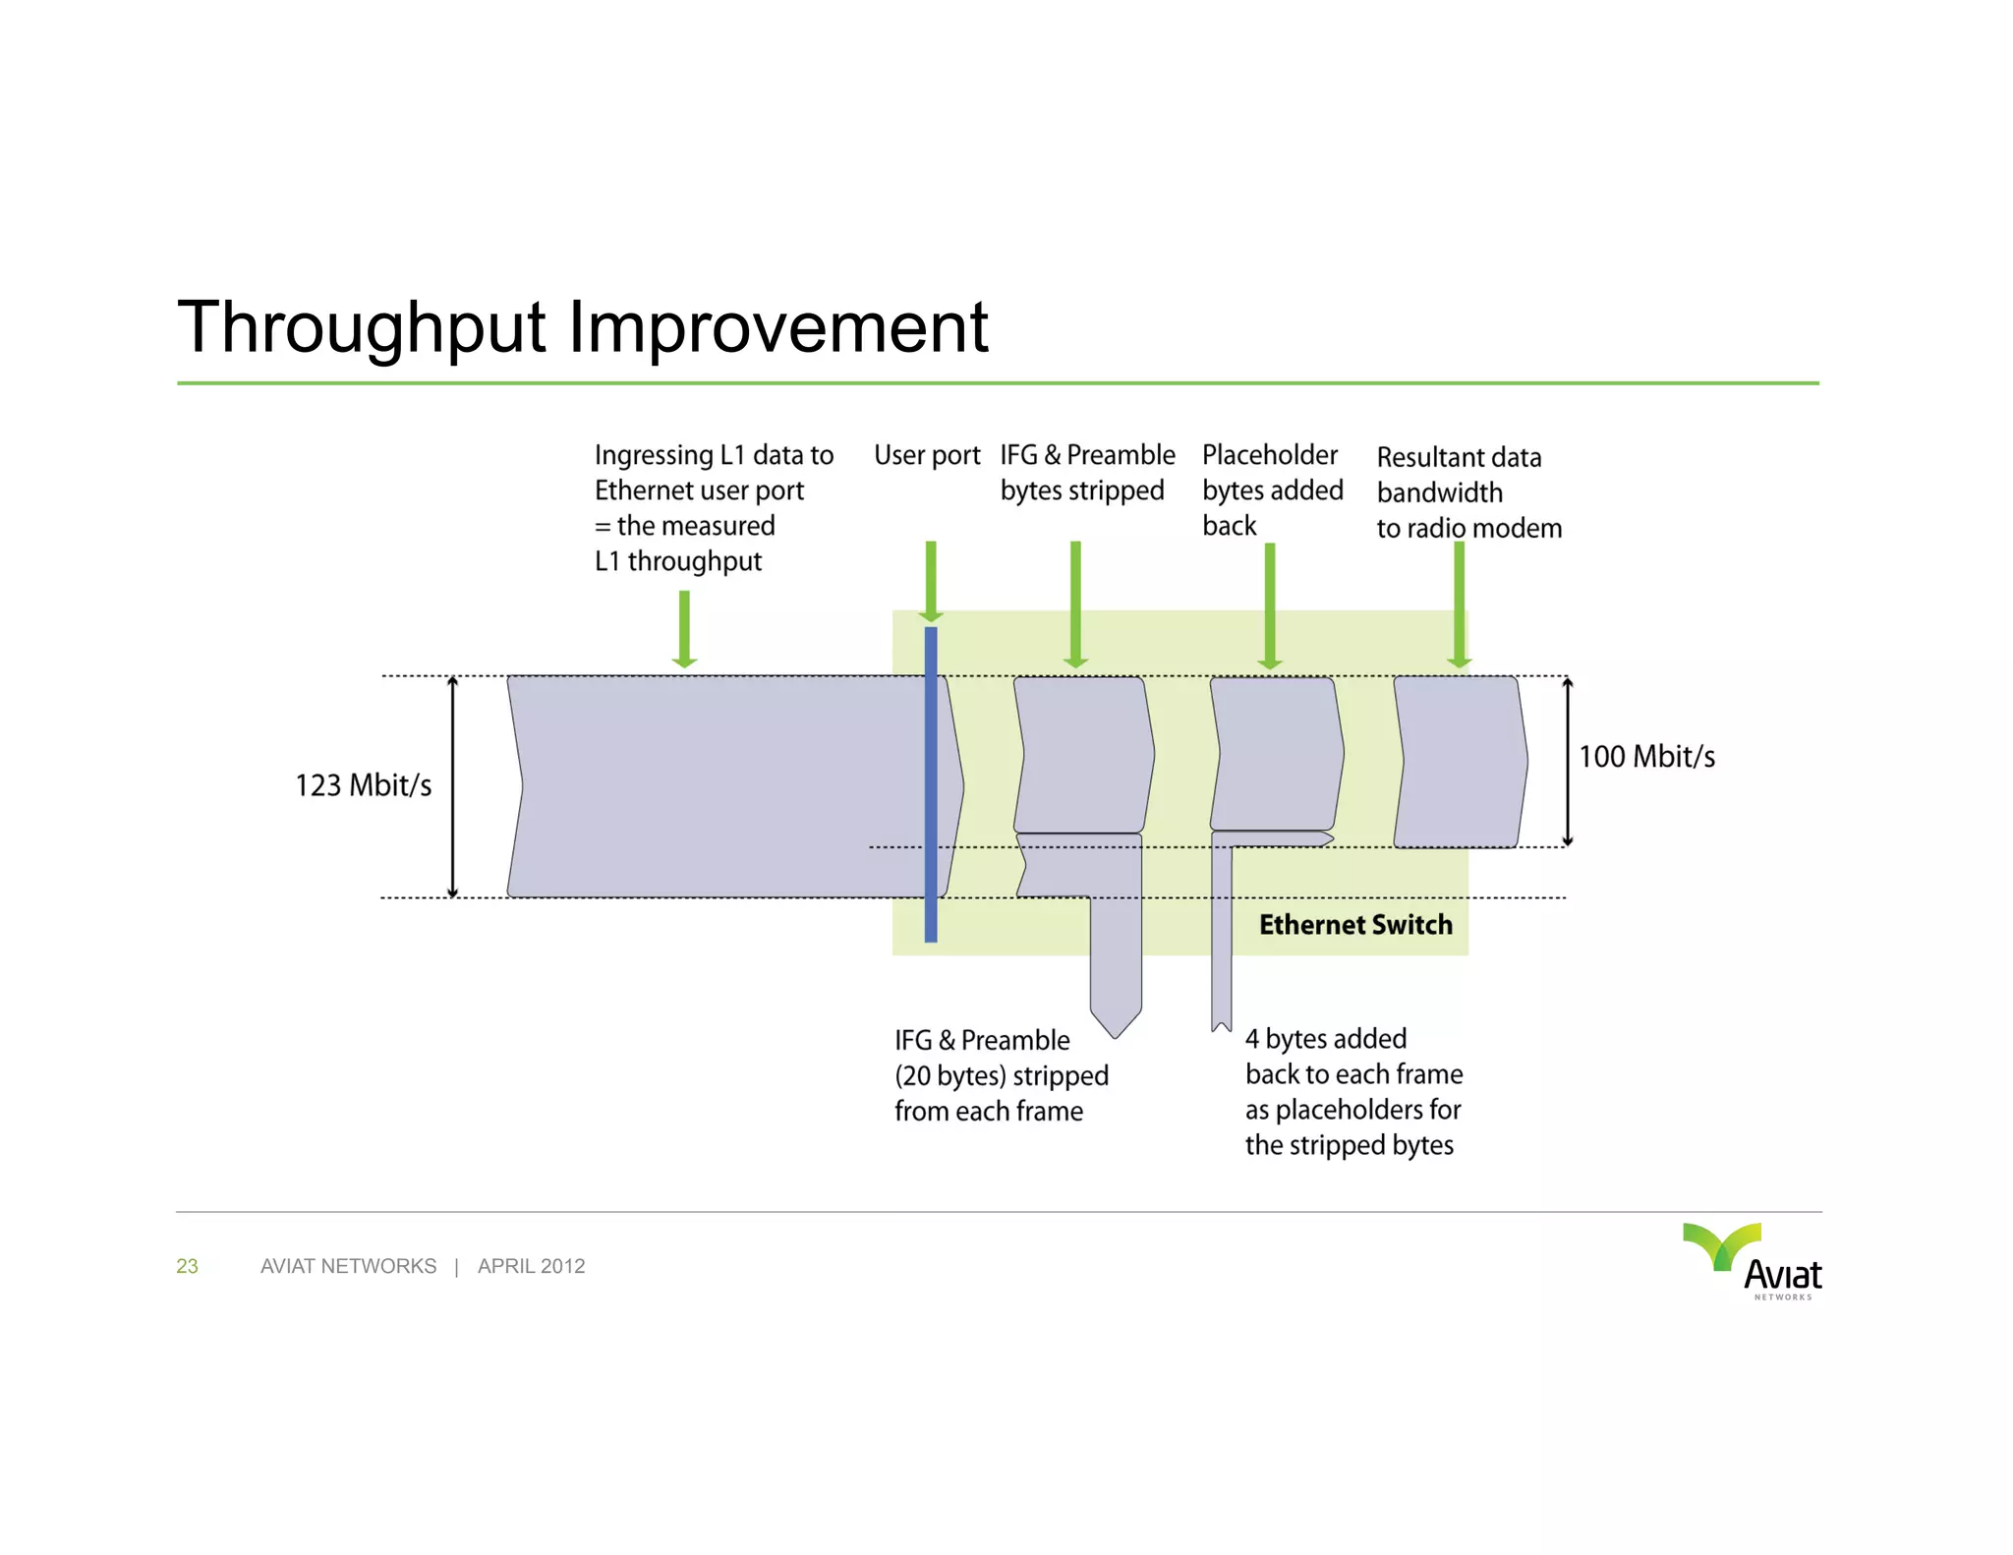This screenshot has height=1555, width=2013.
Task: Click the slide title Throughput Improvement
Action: [x=582, y=327]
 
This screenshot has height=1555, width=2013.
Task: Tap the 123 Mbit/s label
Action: [x=363, y=785]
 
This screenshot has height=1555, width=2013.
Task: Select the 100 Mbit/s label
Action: [x=1646, y=757]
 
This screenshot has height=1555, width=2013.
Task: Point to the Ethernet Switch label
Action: [x=1355, y=925]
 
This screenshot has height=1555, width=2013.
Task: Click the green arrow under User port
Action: [x=931, y=582]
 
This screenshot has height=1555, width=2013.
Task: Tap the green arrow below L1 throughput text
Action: [x=684, y=629]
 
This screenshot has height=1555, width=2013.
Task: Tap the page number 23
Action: [x=187, y=1266]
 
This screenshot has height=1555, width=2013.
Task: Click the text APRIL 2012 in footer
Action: [x=531, y=1266]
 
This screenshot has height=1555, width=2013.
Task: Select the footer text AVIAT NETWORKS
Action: [x=348, y=1266]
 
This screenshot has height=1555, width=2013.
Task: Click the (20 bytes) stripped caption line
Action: [x=1001, y=1076]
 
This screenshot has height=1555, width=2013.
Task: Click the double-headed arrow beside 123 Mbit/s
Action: [x=453, y=786]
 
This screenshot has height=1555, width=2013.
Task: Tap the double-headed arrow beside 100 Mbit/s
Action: [x=1568, y=762]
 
